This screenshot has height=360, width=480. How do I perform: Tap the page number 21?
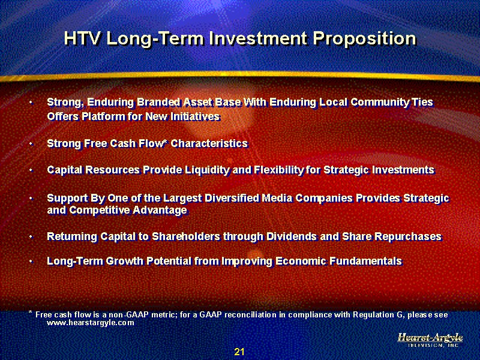(x=239, y=352)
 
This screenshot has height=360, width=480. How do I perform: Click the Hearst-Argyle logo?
(x=430, y=340)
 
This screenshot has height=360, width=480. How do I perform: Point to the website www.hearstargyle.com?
(x=91, y=322)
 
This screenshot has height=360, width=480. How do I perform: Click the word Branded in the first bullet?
(x=158, y=102)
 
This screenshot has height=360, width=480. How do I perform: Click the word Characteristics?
(x=209, y=143)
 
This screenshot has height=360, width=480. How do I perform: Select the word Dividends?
(x=292, y=236)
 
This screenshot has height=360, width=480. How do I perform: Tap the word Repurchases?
(x=407, y=236)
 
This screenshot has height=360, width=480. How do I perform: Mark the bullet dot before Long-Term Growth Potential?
(x=31, y=262)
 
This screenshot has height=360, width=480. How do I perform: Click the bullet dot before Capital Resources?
(x=31, y=170)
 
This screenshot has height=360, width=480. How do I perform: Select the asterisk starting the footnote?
(x=31, y=312)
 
